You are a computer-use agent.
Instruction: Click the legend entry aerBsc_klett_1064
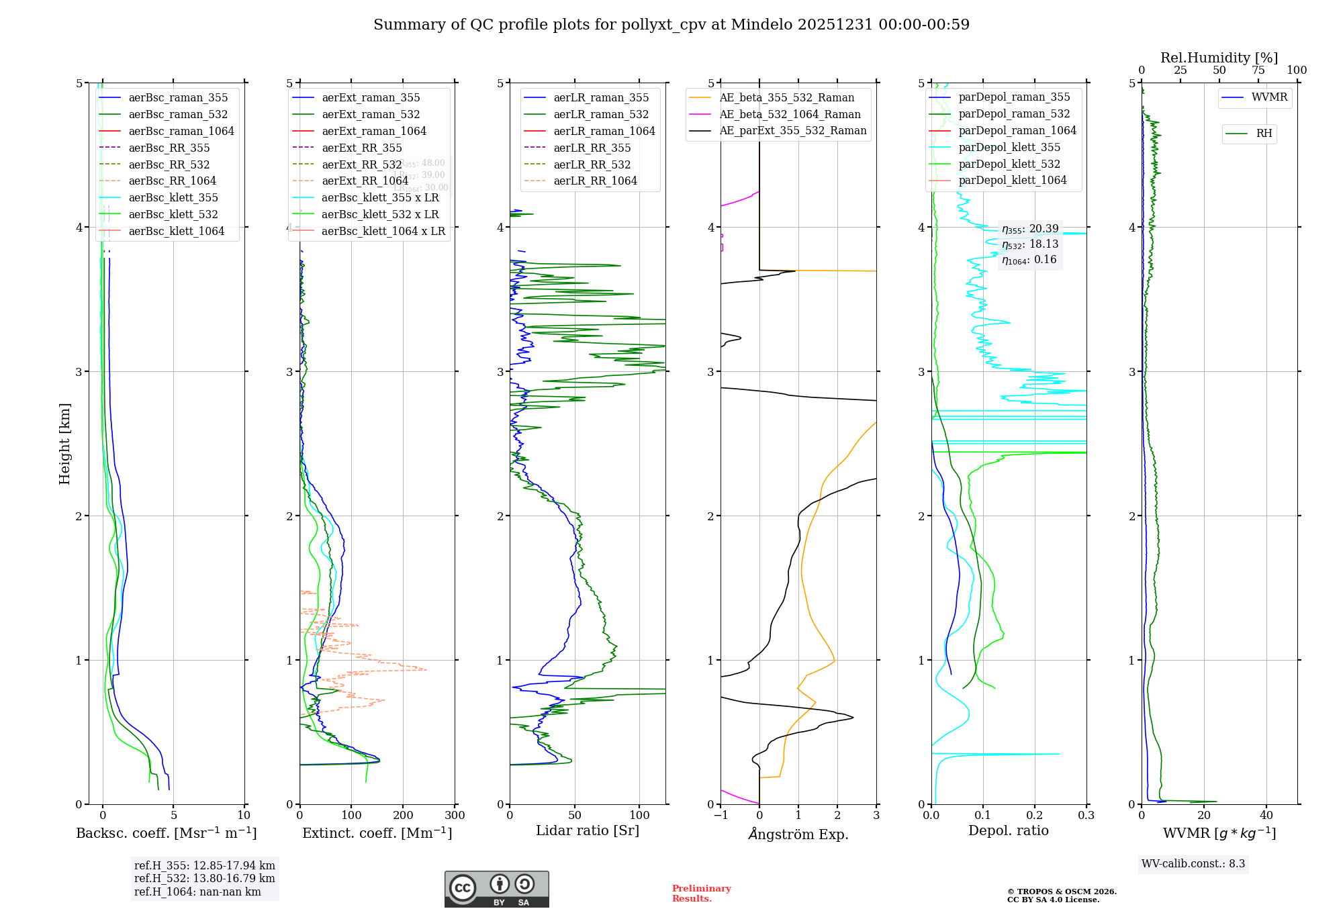click(x=176, y=231)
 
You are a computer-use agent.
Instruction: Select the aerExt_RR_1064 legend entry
click(x=365, y=181)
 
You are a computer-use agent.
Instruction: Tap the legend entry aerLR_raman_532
click(x=601, y=114)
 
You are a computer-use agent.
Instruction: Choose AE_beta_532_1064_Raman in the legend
click(x=790, y=114)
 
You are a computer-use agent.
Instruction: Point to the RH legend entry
click(x=1264, y=134)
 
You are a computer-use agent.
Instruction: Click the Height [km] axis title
click(x=64, y=444)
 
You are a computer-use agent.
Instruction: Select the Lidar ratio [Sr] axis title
click(x=588, y=830)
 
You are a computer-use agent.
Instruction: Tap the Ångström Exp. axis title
click(x=798, y=834)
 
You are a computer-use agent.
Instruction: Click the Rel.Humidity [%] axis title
click(x=1219, y=58)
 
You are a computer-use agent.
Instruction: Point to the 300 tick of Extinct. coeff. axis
click(x=455, y=815)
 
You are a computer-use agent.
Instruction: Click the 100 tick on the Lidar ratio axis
click(x=639, y=815)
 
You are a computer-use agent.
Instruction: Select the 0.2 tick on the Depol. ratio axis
click(x=1035, y=815)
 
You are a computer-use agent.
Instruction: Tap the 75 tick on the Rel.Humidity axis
click(x=1258, y=70)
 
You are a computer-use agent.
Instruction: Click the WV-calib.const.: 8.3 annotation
click(x=1193, y=864)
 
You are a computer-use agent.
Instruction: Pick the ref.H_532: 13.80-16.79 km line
click(x=204, y=878)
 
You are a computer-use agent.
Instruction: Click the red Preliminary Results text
click(x=701, y=894)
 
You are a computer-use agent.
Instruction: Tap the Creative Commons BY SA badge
click(x=496, y=889)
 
